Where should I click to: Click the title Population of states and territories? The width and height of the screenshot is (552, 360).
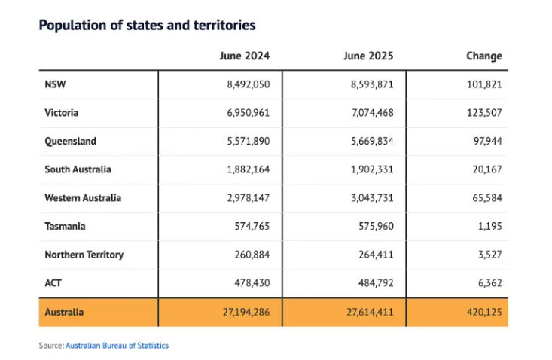tap(147, 26)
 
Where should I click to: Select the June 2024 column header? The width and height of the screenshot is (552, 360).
tap(245, 56)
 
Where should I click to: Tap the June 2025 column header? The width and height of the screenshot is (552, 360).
tap(368, 56)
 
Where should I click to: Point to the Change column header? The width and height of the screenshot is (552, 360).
tap(484, 56)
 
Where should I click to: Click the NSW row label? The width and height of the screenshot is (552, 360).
tap(55, 84)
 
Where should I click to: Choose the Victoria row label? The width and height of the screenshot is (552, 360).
tap(62, 113)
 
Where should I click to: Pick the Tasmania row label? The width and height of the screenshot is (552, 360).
tap(65, 226)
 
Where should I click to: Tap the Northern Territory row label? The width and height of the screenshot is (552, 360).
tap(84, 255)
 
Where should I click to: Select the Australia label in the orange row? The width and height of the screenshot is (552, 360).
tap(64, 312)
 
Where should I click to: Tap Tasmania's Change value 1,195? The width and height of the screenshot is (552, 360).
tap(490, 226)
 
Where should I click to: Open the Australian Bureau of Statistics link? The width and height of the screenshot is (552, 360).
tap(117, 346)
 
